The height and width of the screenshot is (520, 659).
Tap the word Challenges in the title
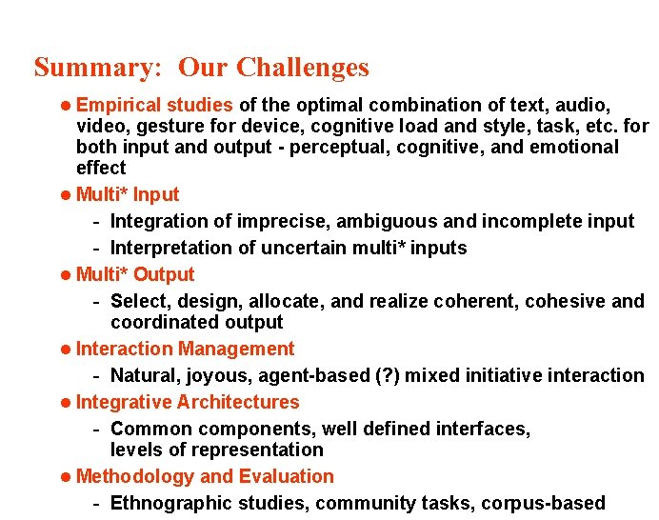302,69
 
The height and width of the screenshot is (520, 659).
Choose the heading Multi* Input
127,194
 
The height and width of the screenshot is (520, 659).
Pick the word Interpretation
169,248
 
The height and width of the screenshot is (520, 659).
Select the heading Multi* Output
134,274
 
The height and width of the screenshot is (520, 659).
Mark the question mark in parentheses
360,375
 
